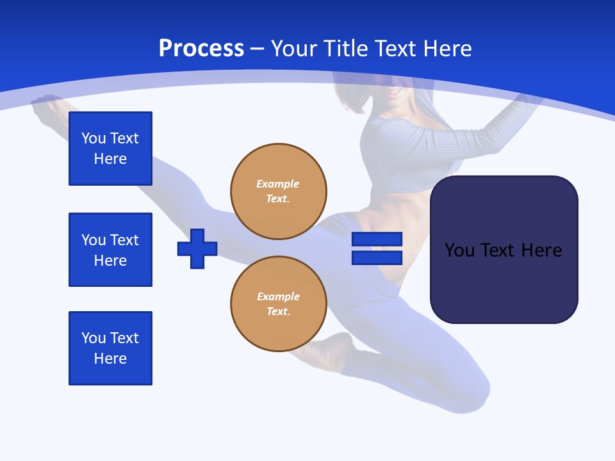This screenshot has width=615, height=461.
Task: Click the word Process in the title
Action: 201,49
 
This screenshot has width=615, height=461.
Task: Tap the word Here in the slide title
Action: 447,49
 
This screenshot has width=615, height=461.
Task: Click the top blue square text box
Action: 110,149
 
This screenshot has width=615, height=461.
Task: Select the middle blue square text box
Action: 110,250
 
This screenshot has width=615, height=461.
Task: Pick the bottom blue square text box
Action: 110,348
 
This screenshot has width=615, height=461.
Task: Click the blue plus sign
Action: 197,248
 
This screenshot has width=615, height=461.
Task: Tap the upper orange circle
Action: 279,191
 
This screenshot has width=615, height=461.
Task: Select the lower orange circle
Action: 279,304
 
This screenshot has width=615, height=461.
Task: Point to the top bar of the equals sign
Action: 377,239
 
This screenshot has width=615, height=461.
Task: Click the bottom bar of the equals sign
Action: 377,258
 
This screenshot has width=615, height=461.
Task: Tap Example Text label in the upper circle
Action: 278,191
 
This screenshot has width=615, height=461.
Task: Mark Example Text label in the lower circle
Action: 278,304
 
